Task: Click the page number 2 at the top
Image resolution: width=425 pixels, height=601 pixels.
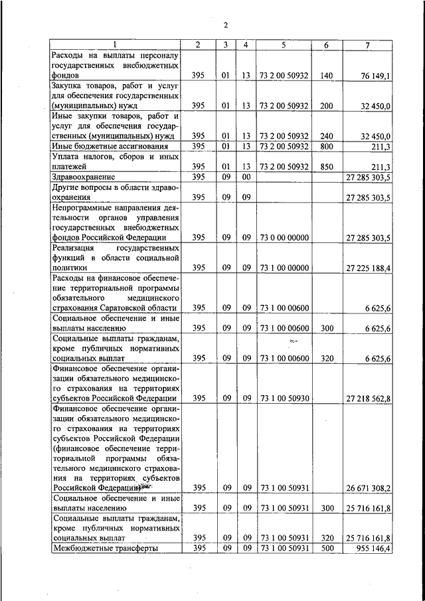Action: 225,25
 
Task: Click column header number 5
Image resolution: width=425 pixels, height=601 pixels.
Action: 284,44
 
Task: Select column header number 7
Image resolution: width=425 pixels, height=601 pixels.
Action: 367,44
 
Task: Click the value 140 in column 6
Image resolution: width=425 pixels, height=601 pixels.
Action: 325,76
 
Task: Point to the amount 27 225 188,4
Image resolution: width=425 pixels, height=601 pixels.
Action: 369,268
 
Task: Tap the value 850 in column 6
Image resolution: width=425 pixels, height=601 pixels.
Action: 325,167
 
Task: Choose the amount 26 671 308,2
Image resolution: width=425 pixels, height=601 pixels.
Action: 369,487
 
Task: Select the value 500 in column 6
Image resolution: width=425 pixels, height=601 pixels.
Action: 325,549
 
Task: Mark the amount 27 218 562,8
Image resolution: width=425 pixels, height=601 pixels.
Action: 369,398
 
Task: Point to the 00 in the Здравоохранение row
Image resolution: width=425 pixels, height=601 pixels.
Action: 246,177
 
